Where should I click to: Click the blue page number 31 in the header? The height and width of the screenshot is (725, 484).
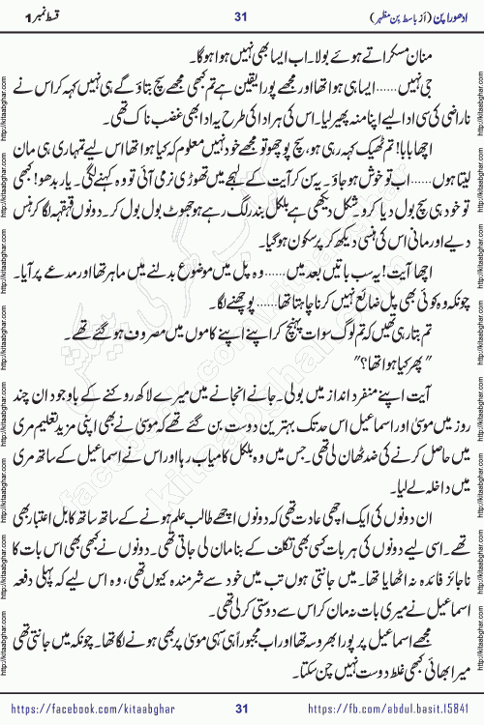[242, 14]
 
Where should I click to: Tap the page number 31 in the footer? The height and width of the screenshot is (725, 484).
[242, 710]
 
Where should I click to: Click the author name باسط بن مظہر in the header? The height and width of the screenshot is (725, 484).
[382, 14]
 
